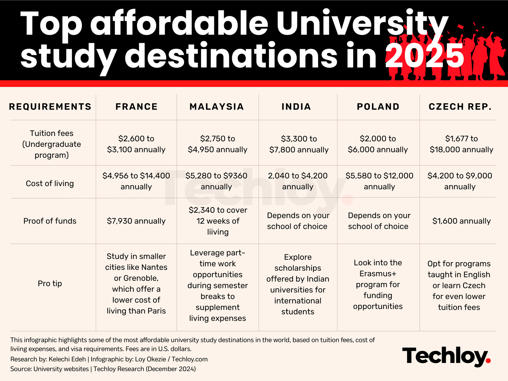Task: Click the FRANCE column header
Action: pyautogui.click(x=137, y=107)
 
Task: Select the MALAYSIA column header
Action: pyautogui.click(x=217, y=107)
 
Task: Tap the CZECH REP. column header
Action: pyautogui.click(x=460, y=107)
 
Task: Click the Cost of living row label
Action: pyautogui.click(x=50, y=184)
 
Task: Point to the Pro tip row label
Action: pyautogui.click(x=50, y=283)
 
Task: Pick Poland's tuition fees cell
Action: pyautogui.click(x=378, y=144)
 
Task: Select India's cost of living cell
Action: pyautogui.click(x=298, y=181)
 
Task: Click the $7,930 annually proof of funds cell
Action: pyautogui.click(x=136, y=221)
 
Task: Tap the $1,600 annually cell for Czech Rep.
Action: pyautogui.click(x=461, y=221)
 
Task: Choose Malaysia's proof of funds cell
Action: pyautogui.click(x=218, y=221)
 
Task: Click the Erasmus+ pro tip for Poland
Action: pyautogui.click(x=378, y=284)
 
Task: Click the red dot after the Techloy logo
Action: pyautogui.click(x=488, y=360)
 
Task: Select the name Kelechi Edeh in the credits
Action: pyautogui.click(x=67, y=359)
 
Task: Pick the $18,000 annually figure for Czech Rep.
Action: pyautogui.click(x=461, y=150)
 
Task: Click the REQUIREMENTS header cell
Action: pyautogui.click(x=50, y=107)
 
